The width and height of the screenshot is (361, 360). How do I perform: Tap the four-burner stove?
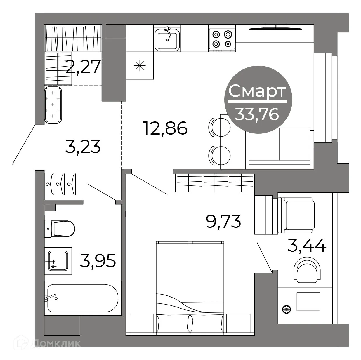222,39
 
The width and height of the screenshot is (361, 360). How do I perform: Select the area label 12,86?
165,128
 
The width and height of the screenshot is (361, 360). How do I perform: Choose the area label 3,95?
98,260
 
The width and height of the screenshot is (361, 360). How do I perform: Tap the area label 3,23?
83,147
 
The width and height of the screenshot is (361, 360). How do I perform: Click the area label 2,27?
83,67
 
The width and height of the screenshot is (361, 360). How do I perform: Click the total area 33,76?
257,114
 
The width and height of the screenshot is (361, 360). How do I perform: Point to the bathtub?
82,298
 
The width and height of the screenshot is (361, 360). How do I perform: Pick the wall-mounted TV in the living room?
275,29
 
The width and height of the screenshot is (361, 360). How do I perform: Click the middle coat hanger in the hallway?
61,184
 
